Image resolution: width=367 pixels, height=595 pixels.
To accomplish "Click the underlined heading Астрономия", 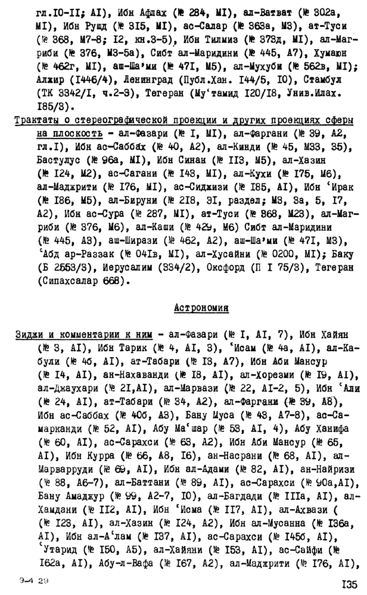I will [201, 308].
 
